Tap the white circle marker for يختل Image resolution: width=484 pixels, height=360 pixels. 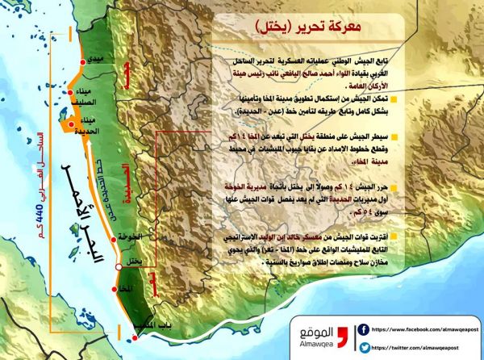point(119,266)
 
